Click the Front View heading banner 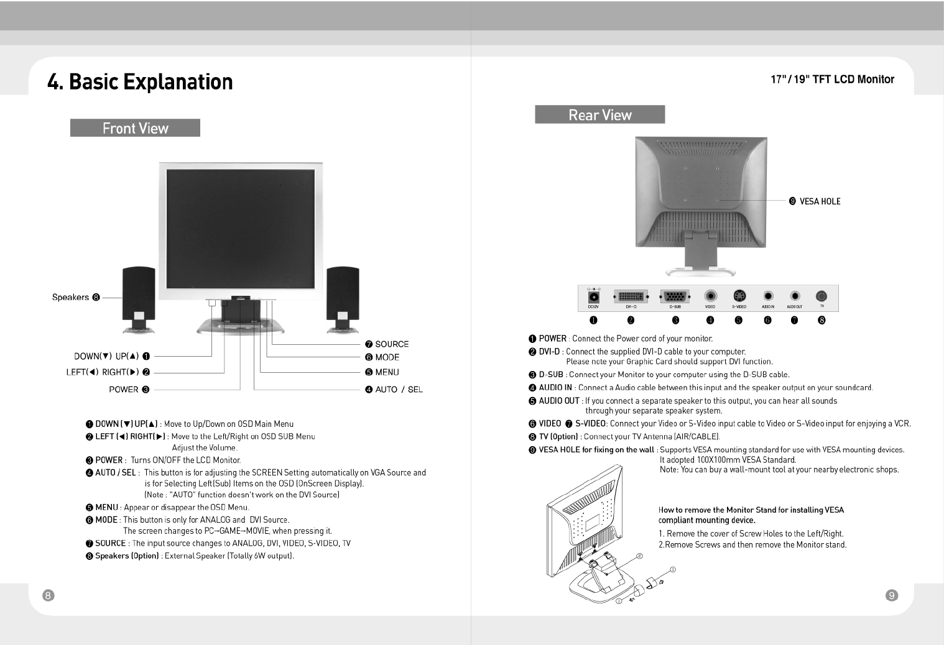coord(135,128)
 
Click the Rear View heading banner coord(599,115)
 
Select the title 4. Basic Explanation coord(140,82)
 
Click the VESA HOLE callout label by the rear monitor coord(819,201)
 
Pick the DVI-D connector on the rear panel coord(631,296)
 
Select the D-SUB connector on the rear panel coord(675,296)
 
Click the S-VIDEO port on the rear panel coord(739,296)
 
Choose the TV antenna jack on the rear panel coord(821,296)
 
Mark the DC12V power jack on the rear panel coord(593,296)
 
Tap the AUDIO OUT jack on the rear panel coord(795,296)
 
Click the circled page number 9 coord(891,595)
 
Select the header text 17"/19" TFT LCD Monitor coord(832,80)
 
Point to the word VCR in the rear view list coord(902,424)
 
